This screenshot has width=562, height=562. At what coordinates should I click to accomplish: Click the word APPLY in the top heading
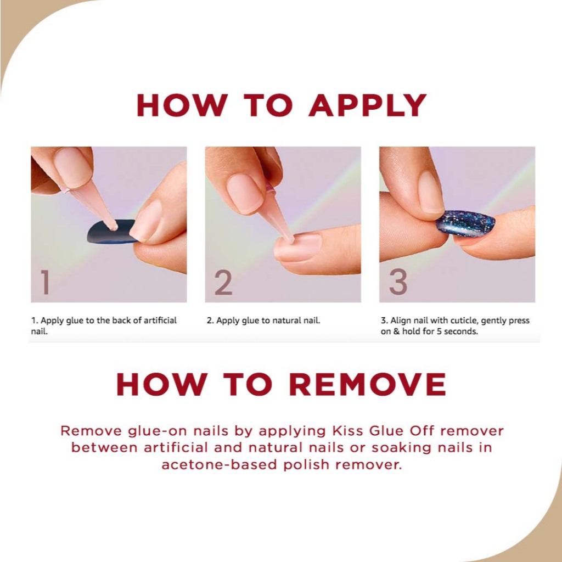pos(367,105)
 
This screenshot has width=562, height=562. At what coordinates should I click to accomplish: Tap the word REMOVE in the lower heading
pos(367,384)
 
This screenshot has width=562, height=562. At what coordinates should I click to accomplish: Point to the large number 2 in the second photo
pos(223,282)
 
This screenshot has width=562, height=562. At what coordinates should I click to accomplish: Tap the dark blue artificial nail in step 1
pos(109,232)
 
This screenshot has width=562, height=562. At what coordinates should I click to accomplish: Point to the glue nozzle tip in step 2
pos(290,238)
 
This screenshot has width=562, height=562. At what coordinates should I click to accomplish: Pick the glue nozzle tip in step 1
pos(114,227)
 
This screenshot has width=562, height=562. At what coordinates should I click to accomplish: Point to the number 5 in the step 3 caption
pos(439,331)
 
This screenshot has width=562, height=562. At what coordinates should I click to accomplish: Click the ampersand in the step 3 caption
pos(396,331)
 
